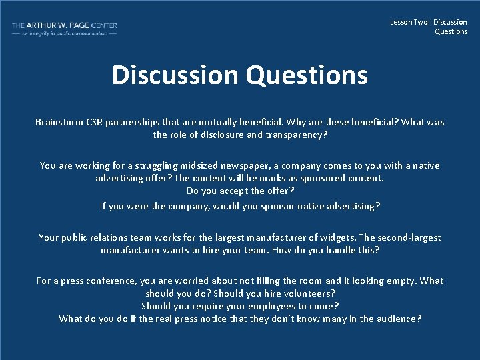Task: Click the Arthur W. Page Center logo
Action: [64, 29]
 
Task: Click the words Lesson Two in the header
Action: [409, 22]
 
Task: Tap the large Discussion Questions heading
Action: [239, 75]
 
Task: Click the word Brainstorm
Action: [59, 122]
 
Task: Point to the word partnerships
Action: [137, 122]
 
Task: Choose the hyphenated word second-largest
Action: [407, 237]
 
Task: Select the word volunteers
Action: [309, 293]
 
